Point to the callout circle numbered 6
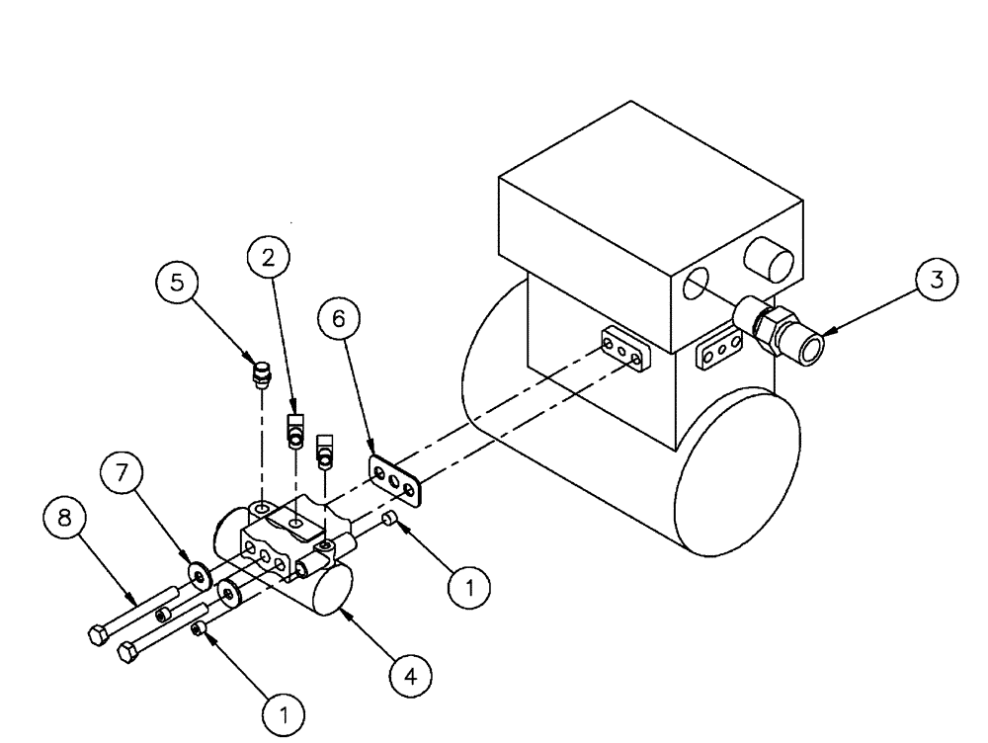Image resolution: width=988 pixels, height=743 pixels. [340, 318]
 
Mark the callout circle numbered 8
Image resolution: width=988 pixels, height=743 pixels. [63, 520]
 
